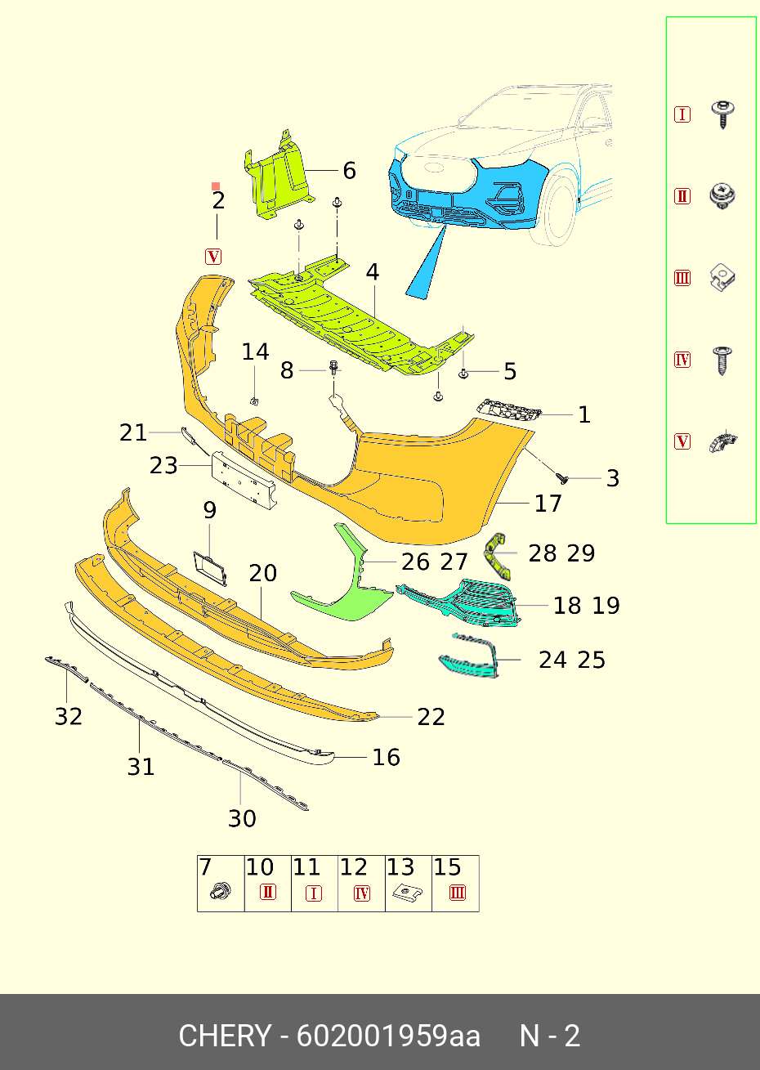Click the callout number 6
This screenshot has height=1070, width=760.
coord(349,171)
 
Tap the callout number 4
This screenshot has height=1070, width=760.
coord(373,272)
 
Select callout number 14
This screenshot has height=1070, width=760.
coord(255,352)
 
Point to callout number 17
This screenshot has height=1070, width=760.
coord(548,504)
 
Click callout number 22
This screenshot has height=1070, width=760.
coord(431,717)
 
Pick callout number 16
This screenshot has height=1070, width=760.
coord(386,758)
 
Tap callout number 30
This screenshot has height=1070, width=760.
coord(242,818)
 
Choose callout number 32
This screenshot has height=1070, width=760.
coord(69,717)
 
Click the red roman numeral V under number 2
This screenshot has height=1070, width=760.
coord(213,257)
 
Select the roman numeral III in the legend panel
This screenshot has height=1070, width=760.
coord(682,278)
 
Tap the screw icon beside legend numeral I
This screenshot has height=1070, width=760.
coord(722,114)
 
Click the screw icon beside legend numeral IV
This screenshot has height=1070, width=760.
coord(722,360)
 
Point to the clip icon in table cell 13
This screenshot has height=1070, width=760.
coord(401,893)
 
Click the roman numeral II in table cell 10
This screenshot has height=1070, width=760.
coord(267,893)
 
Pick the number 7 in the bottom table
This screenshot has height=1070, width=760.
coord(205,867)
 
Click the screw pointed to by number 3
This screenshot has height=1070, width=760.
coord(562,476)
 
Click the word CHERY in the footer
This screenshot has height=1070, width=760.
coord(224,1036)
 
